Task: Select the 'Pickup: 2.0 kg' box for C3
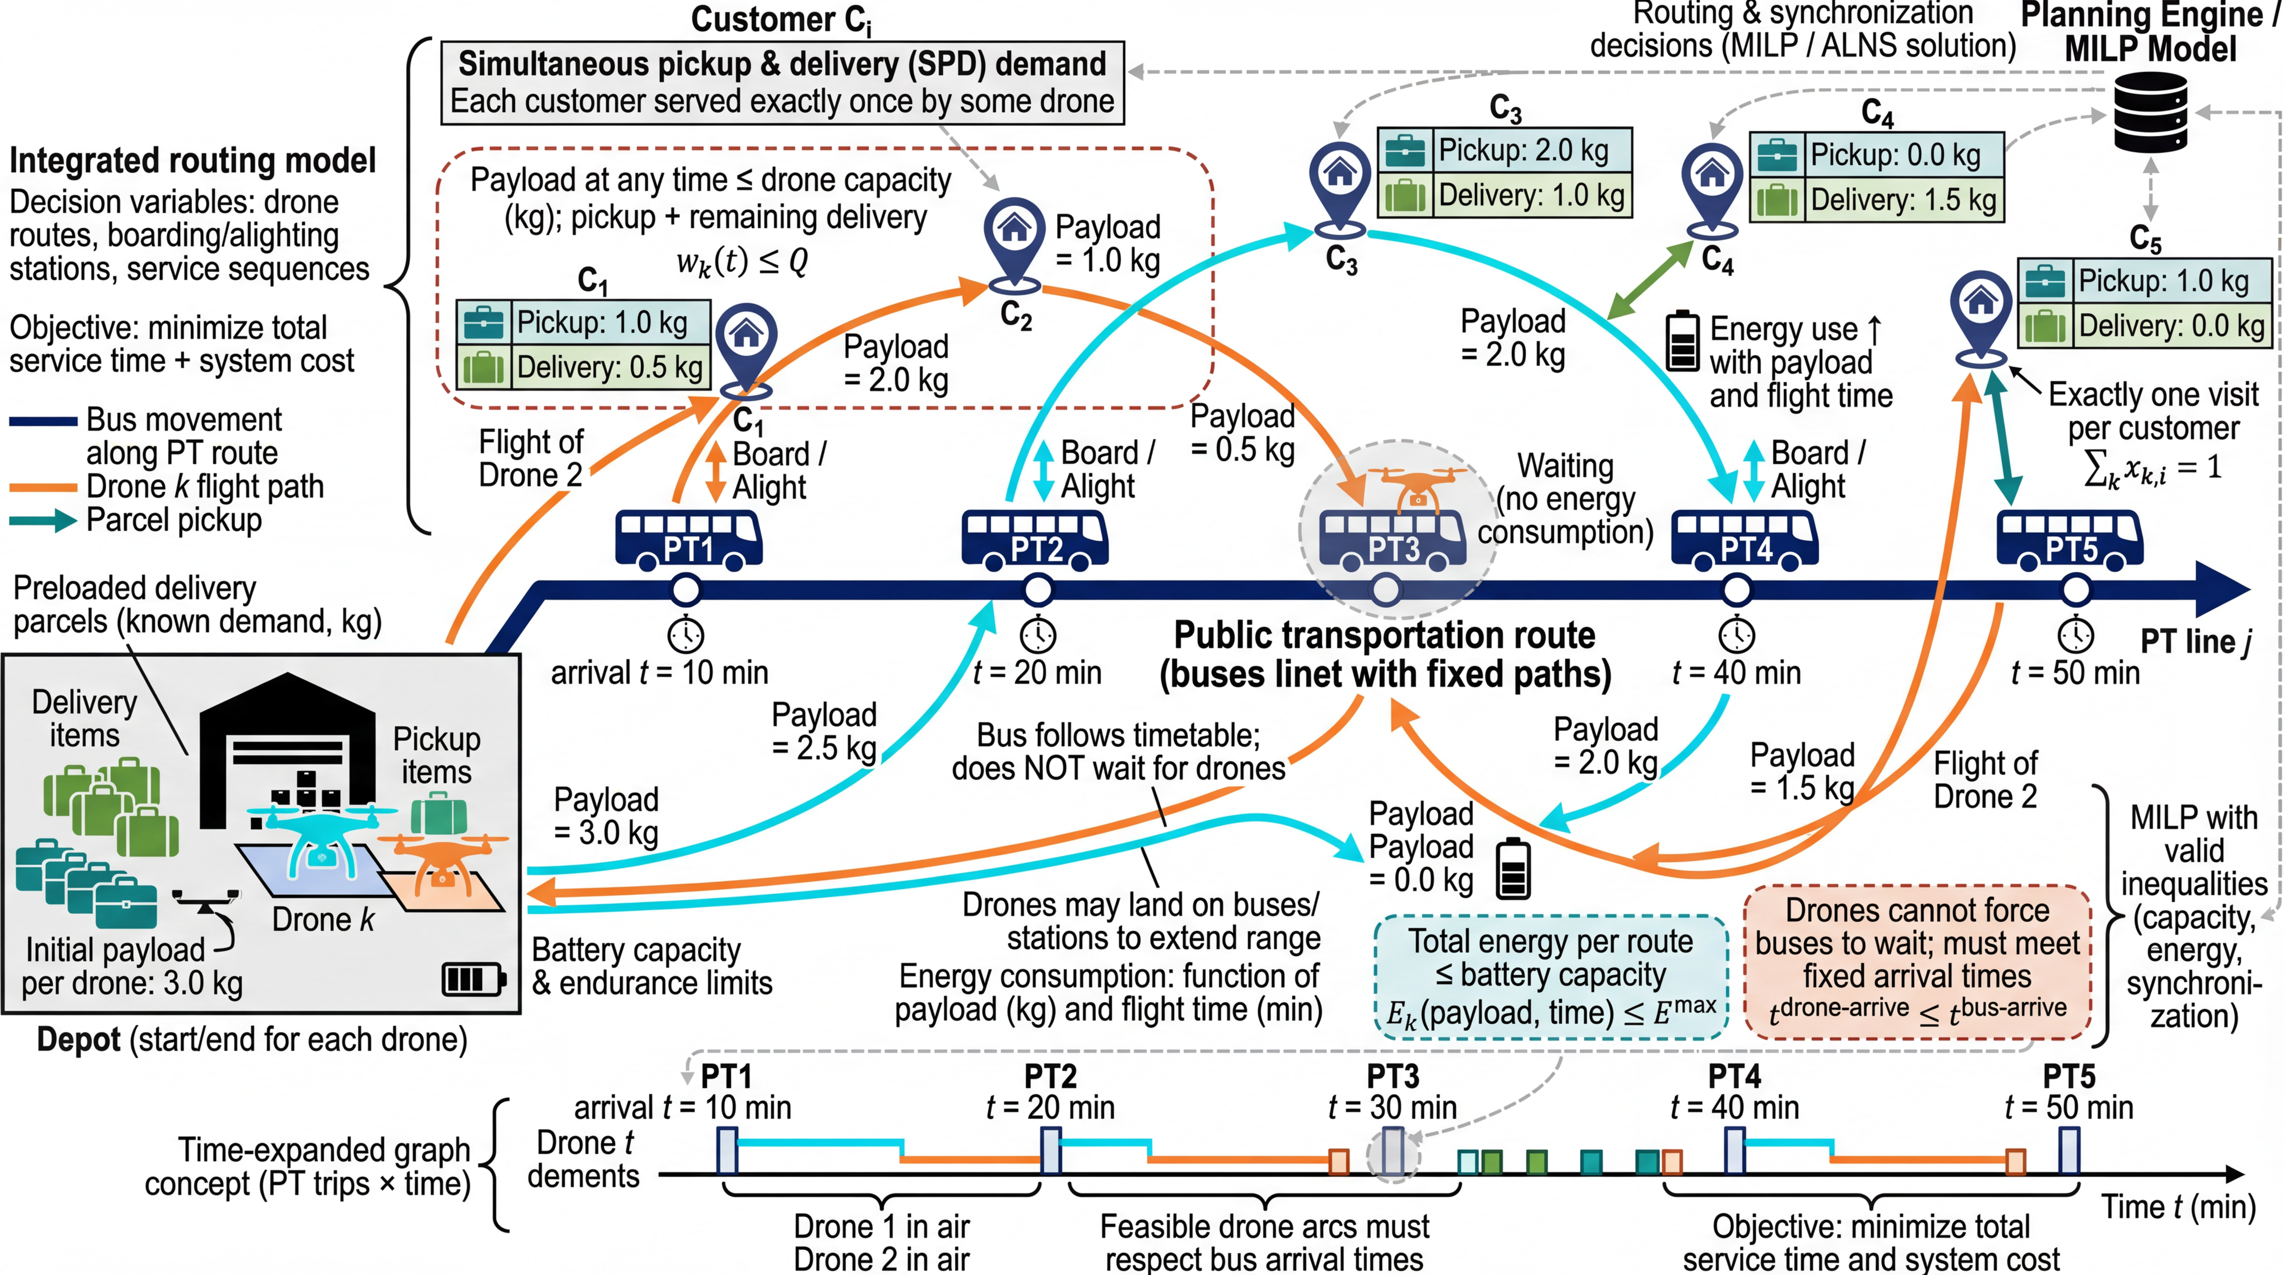tap(1505, 151)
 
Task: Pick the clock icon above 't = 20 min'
tap(1037, 635)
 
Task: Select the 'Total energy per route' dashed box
tap(1550, 975)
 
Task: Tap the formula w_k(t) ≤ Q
tap(741, 261)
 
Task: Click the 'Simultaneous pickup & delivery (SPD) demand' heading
tap(782, 64)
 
